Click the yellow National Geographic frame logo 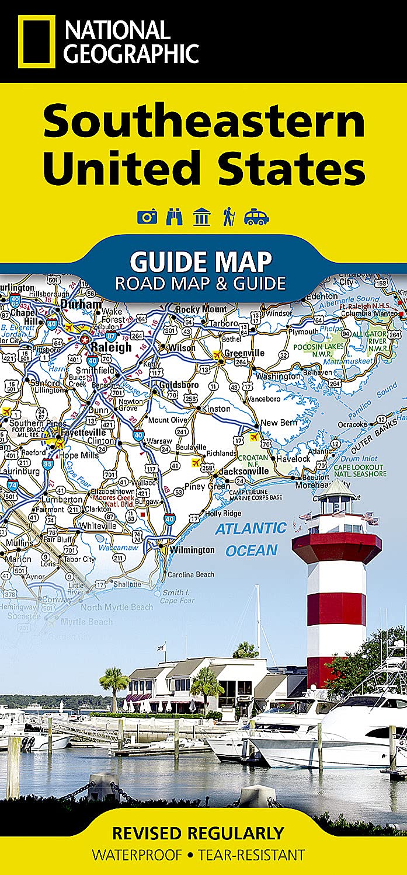tap(37, 41)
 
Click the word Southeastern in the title tap(203, 122)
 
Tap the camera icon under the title tap(147, 218)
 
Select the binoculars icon tap(175, 218)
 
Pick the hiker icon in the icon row tap(228, 217)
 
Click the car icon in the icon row tap(256, 218)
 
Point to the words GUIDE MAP tap(200, 262)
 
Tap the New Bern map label tap(279, 423)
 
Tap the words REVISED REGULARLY tap(198, 833)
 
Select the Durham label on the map tap(81, 304)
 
